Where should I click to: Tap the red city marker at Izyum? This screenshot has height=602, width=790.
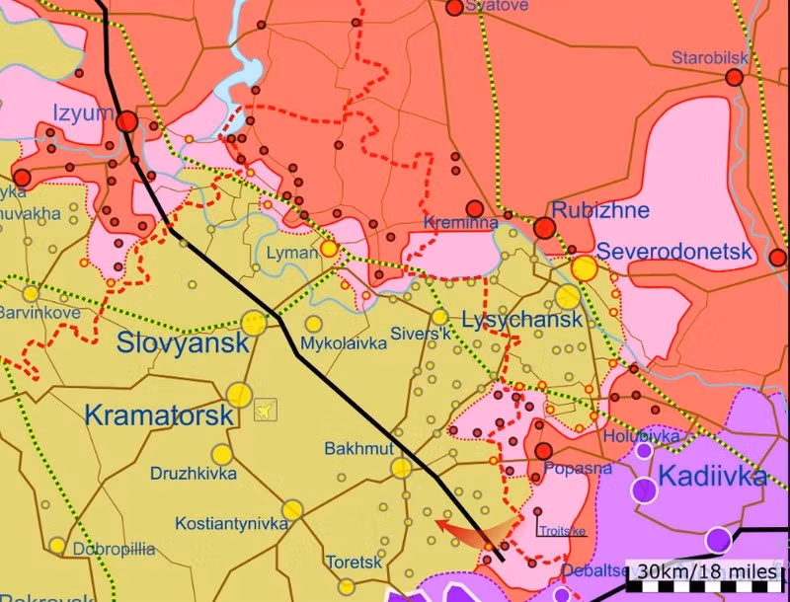(127, 121)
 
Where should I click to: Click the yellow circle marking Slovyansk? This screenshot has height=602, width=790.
(254, 322)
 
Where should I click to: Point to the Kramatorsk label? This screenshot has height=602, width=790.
(159, 415)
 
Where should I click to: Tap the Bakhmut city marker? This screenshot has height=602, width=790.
(401, 468)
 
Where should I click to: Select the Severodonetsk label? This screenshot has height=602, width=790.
(674, 252)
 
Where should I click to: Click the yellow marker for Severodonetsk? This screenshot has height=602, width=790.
(585, 267)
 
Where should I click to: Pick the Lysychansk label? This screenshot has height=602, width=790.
(522, 321)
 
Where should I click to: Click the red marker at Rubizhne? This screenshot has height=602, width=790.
(544, 228)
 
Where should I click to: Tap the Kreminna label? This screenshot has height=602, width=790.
(461, 224)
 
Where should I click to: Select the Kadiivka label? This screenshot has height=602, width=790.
(711, 478)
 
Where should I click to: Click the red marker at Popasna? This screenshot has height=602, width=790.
(543, 451)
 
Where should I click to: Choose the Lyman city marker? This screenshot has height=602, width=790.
(329, 249)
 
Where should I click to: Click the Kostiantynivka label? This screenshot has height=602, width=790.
(231, 523)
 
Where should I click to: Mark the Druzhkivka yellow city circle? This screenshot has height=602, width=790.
(221, 454)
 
